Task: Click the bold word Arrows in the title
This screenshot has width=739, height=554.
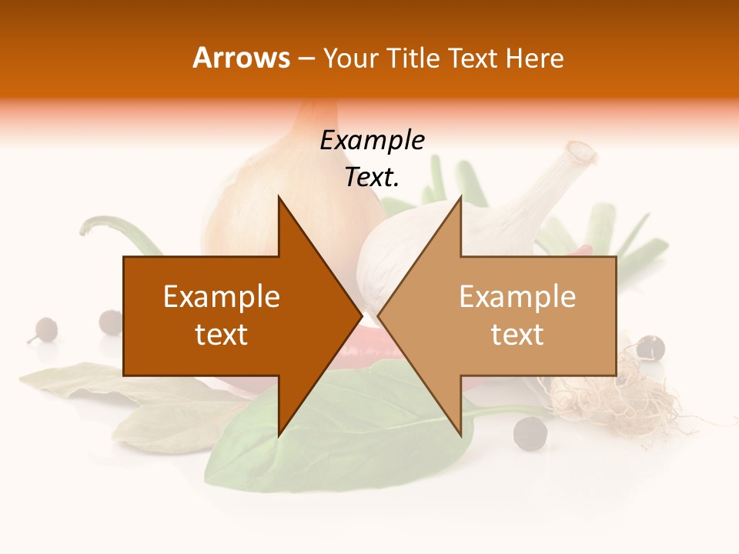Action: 241,58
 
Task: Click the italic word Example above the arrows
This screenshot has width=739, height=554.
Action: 372,141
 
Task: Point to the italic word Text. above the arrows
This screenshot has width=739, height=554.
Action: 372,178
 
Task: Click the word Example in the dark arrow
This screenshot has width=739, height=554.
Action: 222,297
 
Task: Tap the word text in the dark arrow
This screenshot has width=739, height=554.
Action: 222,335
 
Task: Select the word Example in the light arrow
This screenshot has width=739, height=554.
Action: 517,297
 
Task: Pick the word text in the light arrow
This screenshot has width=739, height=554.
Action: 517,335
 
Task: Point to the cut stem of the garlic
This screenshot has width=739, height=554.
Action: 577,154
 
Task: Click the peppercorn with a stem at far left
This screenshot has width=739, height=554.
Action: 45,329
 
